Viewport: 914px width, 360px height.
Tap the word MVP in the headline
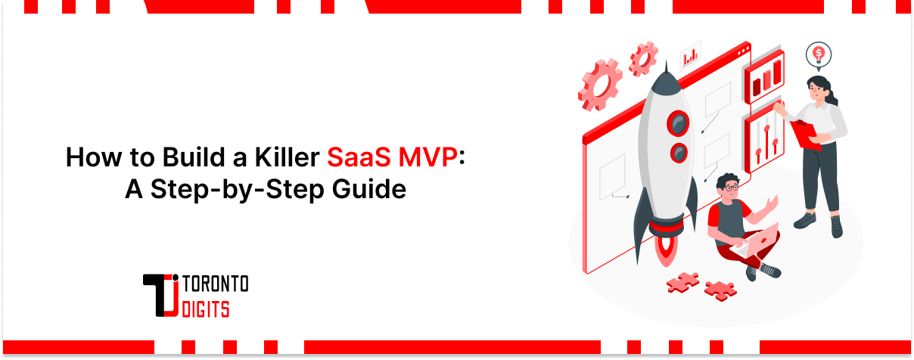click(434, 158)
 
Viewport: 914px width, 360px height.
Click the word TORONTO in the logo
click(216, 285)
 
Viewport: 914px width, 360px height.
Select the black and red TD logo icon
click(161, 296)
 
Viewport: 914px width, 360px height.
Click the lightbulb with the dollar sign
click(819, 54)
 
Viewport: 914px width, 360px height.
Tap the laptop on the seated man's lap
click(758, 241)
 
